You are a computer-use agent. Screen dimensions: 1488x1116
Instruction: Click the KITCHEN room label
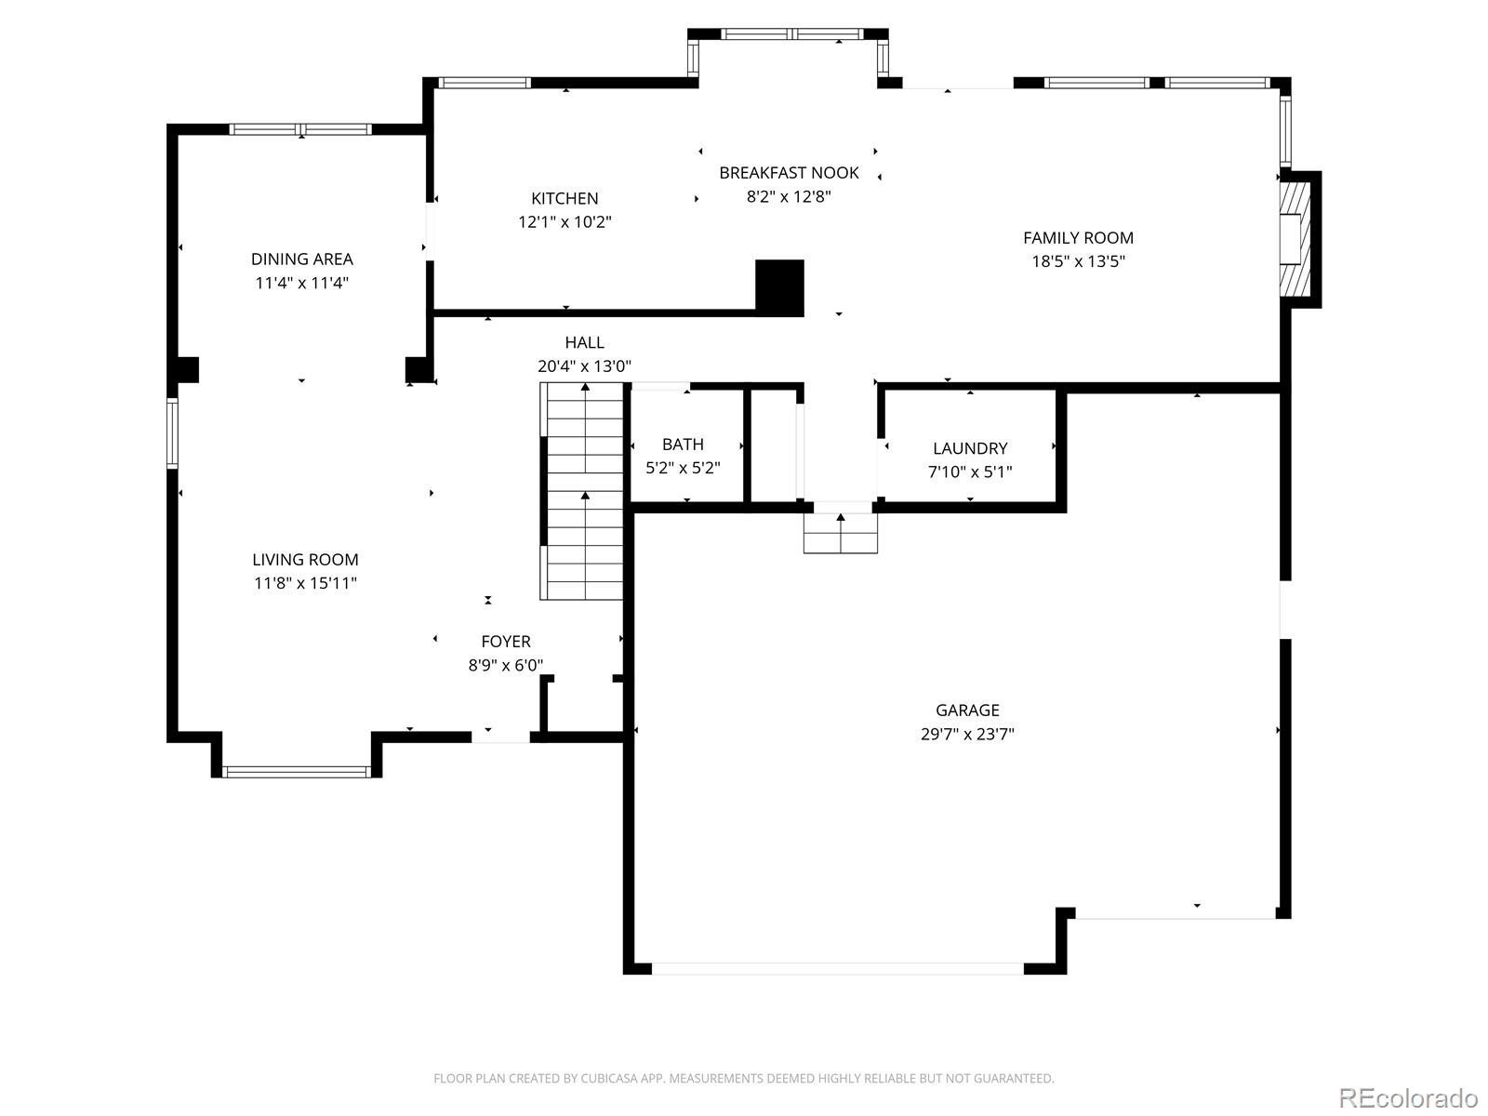(564, 198)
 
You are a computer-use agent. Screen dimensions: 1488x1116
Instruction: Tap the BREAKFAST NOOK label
(789, 173)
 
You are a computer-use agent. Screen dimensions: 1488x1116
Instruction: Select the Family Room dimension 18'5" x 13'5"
(1078, 261)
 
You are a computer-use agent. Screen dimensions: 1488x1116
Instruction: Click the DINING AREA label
(301, 259)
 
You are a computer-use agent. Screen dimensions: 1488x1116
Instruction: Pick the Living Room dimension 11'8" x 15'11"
(305, 583)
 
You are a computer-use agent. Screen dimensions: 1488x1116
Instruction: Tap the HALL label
(584, 343)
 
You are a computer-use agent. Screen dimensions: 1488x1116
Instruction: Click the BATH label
(683, 445)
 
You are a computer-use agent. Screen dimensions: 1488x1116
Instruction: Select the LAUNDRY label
(970, 448)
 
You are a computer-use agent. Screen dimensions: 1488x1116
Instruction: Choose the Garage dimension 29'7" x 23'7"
(967, 734)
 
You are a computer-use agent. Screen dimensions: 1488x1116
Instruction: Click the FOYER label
(506, 642)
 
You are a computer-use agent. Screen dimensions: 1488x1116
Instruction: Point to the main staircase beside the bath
(581, 491)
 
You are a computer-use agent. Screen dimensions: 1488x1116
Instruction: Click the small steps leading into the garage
(841, 533)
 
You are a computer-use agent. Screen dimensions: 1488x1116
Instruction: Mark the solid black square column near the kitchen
(779, 288)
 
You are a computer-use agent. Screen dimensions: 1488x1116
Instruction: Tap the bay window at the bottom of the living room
(297, 771)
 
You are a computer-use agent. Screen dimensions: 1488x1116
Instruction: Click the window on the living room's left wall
(173, 433)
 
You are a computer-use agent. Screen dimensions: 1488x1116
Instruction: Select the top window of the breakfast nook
(791, 33)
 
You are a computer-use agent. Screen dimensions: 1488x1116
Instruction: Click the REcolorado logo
(1409, 1097)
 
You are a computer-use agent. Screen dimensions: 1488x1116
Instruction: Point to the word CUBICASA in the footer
(609, 1079)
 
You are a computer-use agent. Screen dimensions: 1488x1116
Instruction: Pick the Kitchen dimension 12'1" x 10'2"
(565, 222)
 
